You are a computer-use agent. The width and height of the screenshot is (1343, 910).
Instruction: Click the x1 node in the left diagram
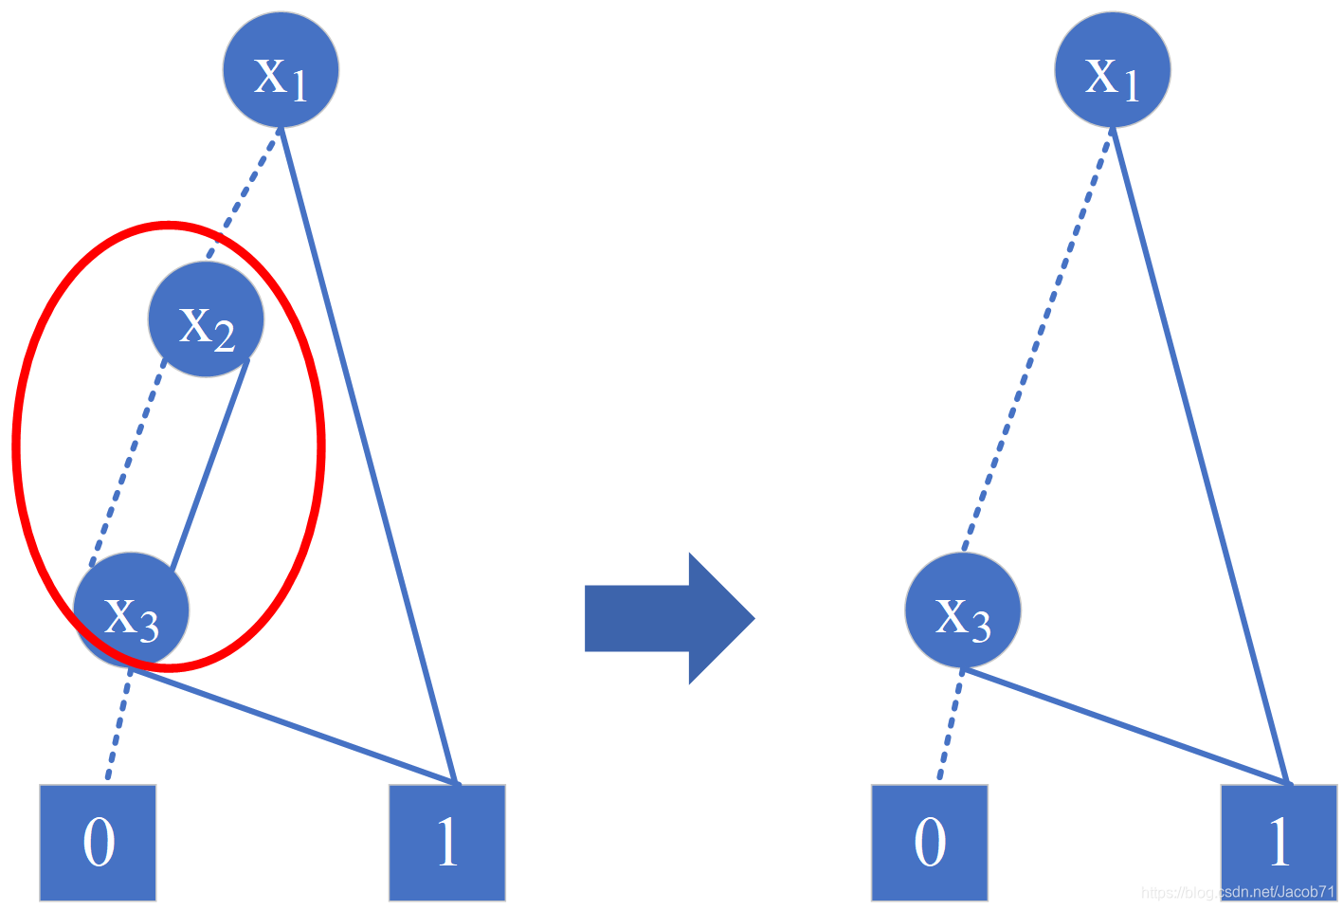281,70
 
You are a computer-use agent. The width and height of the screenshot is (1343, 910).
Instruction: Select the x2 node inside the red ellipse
206,319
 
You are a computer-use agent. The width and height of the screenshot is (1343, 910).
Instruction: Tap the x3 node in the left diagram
132,610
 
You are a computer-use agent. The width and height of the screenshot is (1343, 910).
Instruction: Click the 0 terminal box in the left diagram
98,842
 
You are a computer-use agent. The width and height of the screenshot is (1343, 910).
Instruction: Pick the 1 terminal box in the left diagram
446,842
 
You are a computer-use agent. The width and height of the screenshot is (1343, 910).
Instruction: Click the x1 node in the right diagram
1112,70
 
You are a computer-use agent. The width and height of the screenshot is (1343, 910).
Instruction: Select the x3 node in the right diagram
963,610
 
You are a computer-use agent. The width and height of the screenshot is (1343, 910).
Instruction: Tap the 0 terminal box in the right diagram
929,842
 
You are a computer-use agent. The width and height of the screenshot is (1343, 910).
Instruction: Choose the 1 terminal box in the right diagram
1279,842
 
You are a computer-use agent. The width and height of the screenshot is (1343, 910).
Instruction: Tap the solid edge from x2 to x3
210,464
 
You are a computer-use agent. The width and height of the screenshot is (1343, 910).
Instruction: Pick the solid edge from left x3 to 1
294,726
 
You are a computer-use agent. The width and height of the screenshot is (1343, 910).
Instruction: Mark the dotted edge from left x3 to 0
118,725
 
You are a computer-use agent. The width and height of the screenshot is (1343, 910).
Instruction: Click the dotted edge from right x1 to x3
1036,341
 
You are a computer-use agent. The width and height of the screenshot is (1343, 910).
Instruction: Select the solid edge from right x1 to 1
1201,455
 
